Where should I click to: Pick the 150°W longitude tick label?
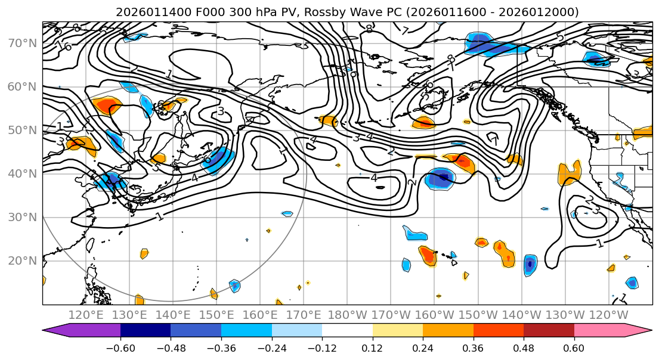(478, 315)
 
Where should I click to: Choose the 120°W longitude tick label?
(608, 315)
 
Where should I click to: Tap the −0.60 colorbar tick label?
(120, 348)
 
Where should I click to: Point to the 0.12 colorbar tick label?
(372, 348)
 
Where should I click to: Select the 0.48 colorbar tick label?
(524, 348)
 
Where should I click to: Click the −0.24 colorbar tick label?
(271, 348)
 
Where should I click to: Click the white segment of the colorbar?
(347, 331)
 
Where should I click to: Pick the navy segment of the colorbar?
(146, 331)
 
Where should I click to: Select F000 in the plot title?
(202, 12)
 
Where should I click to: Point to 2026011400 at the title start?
(145, 12)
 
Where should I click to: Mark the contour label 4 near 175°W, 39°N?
(374, 178)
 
